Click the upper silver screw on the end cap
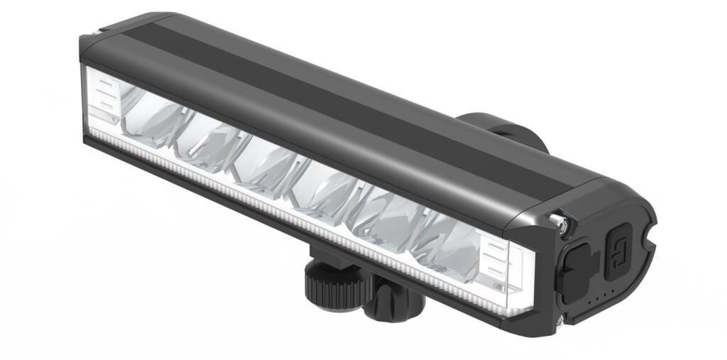pyautogui.click(x=562, y=224)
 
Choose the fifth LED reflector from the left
pyautogui.click(x=387, y=217)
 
